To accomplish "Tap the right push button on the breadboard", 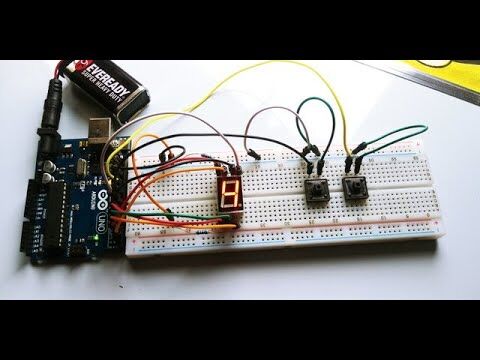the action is pyautogui.click(x=353, y=187).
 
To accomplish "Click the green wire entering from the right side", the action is pyautogui.click(x=400, y=131).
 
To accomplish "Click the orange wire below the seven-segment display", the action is pyautogui.click(x=180, y=214).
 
